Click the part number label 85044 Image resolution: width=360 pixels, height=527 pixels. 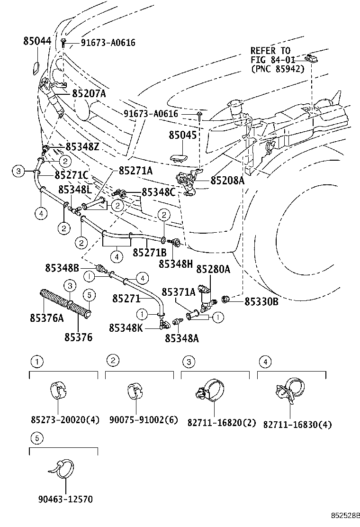[37, 41]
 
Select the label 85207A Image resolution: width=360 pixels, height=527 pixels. [89, 94]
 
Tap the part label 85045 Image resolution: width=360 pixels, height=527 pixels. [182, 135]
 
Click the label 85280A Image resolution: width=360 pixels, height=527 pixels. [213, 269]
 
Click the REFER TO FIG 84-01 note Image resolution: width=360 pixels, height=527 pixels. [277, 59]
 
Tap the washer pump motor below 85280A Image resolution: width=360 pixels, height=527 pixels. [207, 297]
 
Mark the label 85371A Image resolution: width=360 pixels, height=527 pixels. [179, 292]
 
